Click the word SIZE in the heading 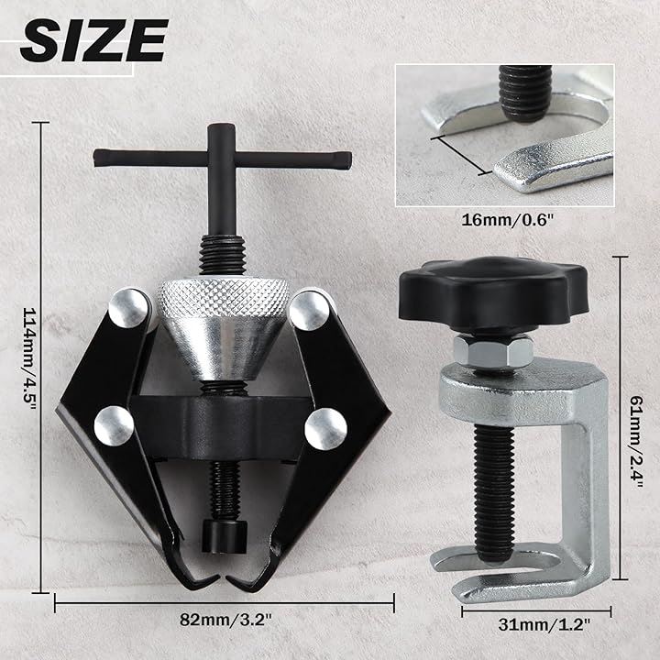click(x=93, y=41)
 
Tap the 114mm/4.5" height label click(x=29, y=357)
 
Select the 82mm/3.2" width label click(x=226, y=620)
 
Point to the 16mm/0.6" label click(x=506, y=220)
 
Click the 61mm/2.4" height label click(x=635, y=442)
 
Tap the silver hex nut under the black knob click(x=492, y=350)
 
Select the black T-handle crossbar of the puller click(x=222, y=159)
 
